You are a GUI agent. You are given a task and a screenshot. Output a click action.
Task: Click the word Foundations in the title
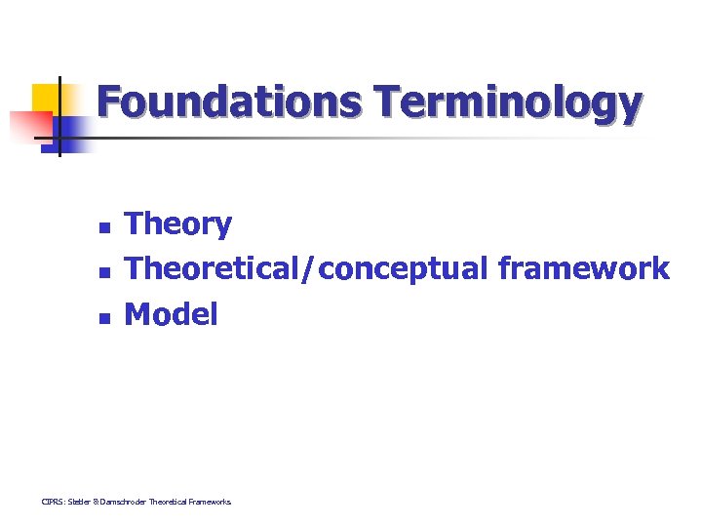pyautogui.click(x=228, y=101)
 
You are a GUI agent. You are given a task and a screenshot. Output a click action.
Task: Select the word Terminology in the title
pyautogui.click(x=506, y=103)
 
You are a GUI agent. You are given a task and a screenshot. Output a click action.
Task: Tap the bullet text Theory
pyautogui.click(x=178, y=225)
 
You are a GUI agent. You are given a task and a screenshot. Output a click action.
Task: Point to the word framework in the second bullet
pyautogui.click(x=583, y=268)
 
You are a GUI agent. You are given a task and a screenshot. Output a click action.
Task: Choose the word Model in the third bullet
pyautogui.click(x=172, y=314)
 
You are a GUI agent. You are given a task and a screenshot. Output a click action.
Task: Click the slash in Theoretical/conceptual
pyautogui.click(x=310, y=269)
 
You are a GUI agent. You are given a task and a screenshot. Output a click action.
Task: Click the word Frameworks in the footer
pyautogui.click(x=211, y=502)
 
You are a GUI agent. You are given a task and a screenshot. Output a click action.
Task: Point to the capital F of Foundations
pyautogui.click(x=109, y=101)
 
